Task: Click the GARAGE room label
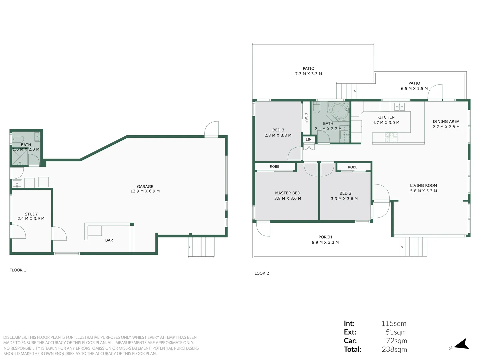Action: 145,187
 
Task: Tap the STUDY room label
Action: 31,214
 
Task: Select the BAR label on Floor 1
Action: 109,240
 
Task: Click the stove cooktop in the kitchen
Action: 391,137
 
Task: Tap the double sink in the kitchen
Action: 399,107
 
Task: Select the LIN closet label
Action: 309,139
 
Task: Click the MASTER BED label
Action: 287,193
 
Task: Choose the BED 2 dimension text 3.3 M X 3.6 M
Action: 344,199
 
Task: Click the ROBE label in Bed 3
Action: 306,118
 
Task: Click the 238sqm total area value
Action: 394,349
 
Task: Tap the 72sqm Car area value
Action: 396,341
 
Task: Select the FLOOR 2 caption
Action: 260,273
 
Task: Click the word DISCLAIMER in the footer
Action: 15,337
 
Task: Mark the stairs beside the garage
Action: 201,247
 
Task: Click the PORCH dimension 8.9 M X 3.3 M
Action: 325,243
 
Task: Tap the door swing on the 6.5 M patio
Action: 435,92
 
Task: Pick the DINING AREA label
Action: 446,122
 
